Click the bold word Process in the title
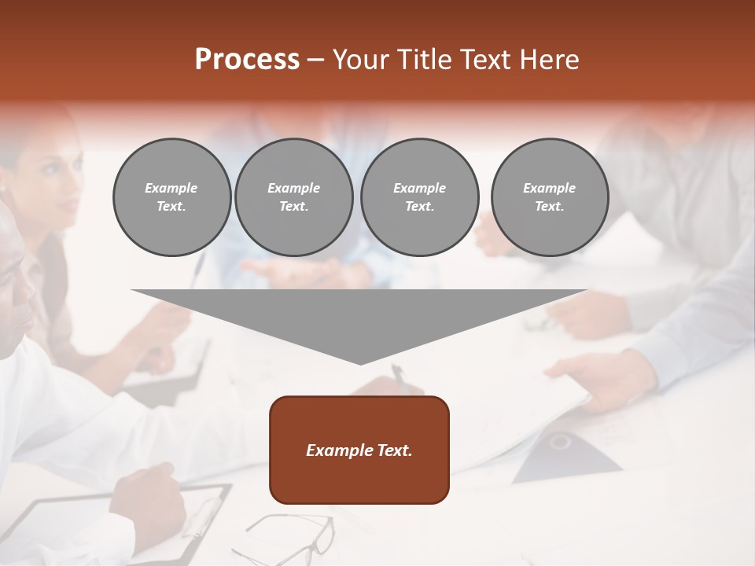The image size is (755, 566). click(247, 60)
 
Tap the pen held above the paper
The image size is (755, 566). click(400, 377)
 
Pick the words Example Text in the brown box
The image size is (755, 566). click(359, 450)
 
